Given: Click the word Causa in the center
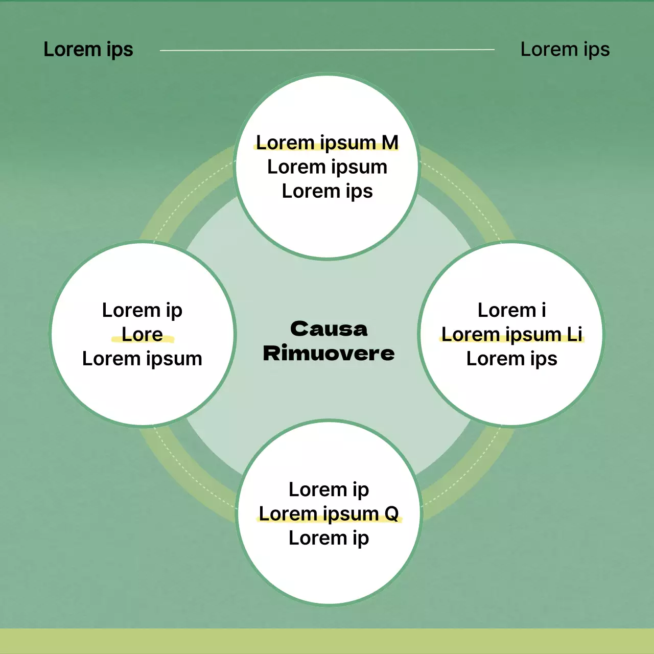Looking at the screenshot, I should [x=329, y=329].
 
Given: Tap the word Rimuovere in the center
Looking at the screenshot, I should [x=329, y=353].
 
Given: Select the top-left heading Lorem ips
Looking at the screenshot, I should [x=88, y=50].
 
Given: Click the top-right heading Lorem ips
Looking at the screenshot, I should [x=565, y=50].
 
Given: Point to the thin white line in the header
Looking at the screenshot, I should [x=327, y=50].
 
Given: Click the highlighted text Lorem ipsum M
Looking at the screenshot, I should [x=327, y=143].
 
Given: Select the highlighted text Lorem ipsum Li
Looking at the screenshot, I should [x=511, y=334].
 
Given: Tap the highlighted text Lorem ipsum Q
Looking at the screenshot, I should [x=329, y=513].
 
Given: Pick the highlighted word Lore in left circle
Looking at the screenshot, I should [x=142, y=335].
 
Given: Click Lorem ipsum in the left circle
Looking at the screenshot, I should [x=142, y=359].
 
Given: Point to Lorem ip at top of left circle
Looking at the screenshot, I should [x=142, y=310].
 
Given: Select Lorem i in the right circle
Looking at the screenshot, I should [x=511, y=310].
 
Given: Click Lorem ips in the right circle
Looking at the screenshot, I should [x=511, y=359].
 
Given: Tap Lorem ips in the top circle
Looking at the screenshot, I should [x=327, y=191].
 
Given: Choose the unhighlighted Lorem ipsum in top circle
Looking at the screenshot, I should [x=327, y=167].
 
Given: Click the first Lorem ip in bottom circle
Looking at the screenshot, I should [x=329, y=489].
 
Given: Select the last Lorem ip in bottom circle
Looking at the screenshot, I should [x=329, y=538].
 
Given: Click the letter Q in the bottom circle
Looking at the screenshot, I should [x=391, y=513].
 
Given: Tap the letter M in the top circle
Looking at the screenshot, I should [x=390, y=143].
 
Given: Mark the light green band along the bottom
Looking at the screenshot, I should [x=327, y=641].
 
